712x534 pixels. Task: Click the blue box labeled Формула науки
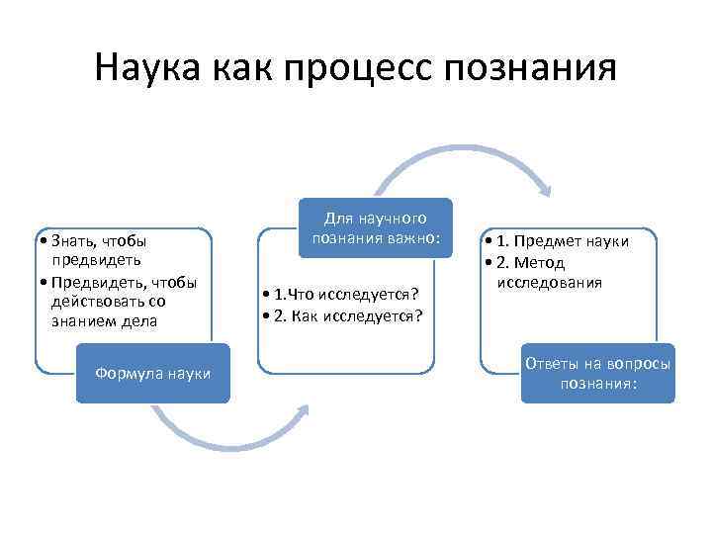[x=152, y=373]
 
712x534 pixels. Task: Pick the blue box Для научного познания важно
[x=375, y=227]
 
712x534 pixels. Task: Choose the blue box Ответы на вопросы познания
[x=597, y=373]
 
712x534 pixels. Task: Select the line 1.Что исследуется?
[x=341, y=295]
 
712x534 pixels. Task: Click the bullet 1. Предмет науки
[x=558, y=242]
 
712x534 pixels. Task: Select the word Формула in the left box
[x=125, y=373]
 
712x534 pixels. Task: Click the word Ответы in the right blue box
[x=551, y=363]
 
